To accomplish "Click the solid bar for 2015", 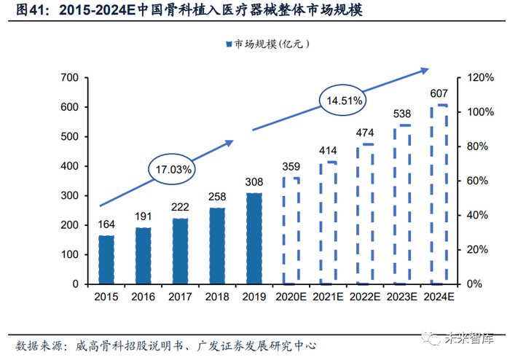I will pyautogui.click(x=106, y=259).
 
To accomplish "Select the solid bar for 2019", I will pyautogui.click(x=254, y=238).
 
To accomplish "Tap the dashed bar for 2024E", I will pyautogui.click(x=440, y=195).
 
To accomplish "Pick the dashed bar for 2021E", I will pyautogui.click(x=329, y=222).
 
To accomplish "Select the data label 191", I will pyautogui.click(x=144, y=217).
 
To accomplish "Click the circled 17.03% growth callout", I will pyautogui.click(x=173, y=169).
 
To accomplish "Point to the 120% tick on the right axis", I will pyautogui.click(x=476, y=77).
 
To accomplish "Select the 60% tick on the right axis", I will pyautogui.click(x=474, y=181).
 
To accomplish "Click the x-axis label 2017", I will pyautogui.click(x=180, y=297).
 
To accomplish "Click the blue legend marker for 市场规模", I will pyautogui.click(x=228, y=44).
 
